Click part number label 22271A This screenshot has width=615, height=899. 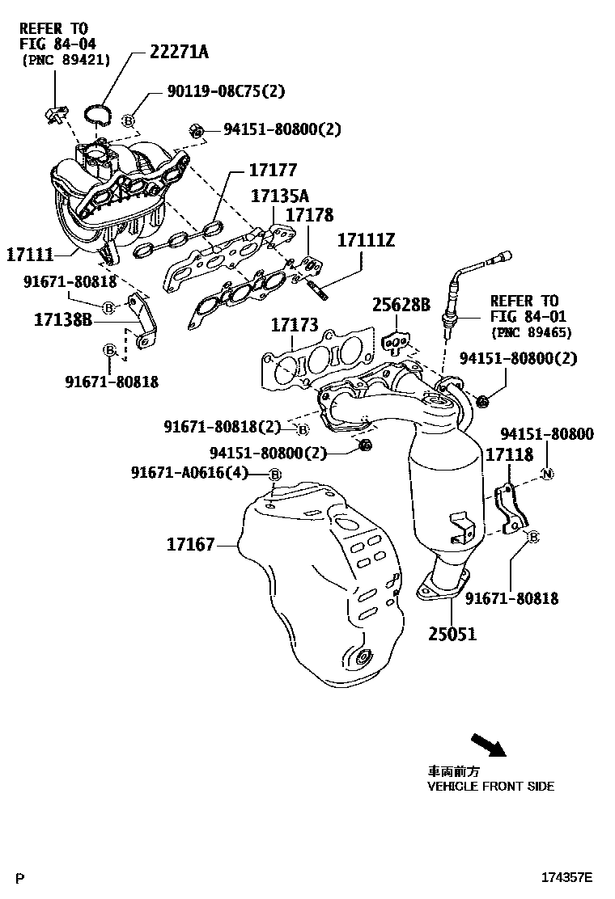pyautogui.click(x=179, y=53)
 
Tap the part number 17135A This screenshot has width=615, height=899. pyautogui.click(x=279, y=196)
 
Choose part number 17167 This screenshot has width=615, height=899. pyautogui.click(x=191, y=545)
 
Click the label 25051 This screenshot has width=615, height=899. pyautogui.click(x=452, y=634)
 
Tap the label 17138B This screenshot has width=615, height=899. pyautogui.click(x=64, y=320)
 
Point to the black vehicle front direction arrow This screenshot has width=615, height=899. pyautogui.click(x=487, y=744)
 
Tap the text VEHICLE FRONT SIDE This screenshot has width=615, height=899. pyautogui.click(x=491, y=786)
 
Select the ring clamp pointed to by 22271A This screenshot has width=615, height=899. pyautogui.click(x=100, y=114)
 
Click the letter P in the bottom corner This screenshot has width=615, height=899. pyautogui.click(x=21, y=877)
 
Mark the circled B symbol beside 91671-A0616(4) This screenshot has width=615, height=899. pyautogui.click(x=274, y=474)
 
